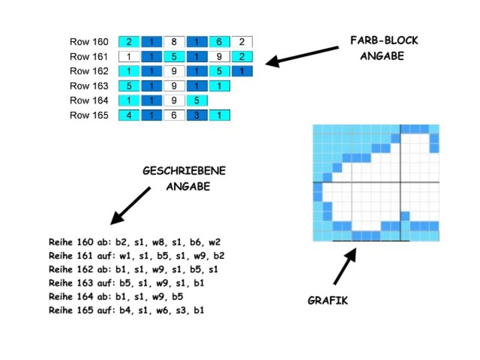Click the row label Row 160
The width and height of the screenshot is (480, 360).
89,42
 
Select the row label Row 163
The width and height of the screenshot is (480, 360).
89,86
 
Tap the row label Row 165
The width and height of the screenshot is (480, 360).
89,115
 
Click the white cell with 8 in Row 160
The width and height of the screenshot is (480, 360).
174,42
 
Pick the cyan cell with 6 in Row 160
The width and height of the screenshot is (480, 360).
219,42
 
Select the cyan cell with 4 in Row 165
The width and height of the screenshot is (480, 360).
129,115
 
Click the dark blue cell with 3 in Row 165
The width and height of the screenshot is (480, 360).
197,115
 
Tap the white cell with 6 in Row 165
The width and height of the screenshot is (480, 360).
174,115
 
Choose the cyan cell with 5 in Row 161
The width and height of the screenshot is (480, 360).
174,57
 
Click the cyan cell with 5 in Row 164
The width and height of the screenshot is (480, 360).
197,101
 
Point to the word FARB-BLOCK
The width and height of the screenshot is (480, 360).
384,41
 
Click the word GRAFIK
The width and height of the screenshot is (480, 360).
327,301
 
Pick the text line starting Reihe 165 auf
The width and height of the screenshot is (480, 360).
127,311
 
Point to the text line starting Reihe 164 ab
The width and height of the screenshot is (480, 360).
116,297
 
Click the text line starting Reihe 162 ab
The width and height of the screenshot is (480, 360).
133,270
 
